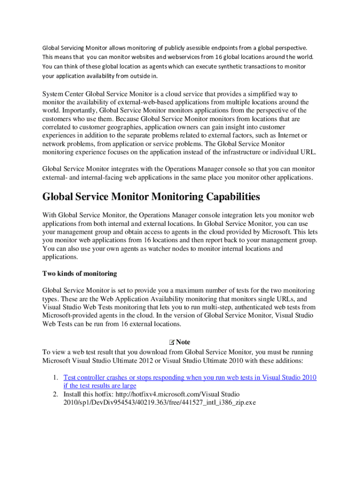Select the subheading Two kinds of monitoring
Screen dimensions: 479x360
tap(79, 274)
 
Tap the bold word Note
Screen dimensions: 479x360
tap(183, 342)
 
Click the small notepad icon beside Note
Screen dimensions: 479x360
tap(172, 342)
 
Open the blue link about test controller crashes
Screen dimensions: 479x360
tap(190, 377)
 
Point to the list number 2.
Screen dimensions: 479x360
tap(55, 394)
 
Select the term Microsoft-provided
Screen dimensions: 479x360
tap(70, 316)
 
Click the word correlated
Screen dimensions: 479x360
tap(58, 127)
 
